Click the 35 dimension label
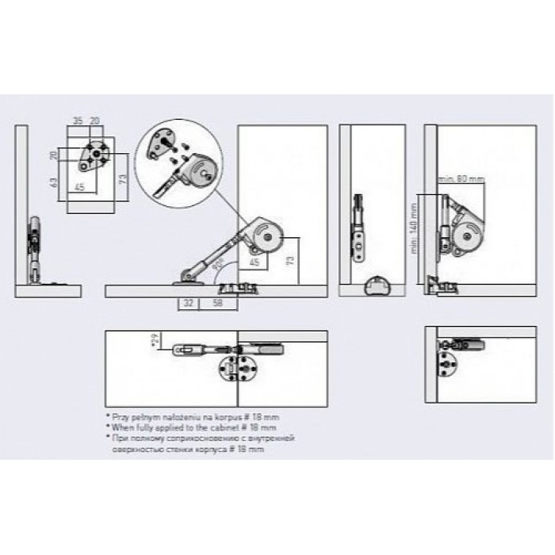tap(78, 121)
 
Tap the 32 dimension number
tap(188, 303)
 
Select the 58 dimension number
tap(216, 303)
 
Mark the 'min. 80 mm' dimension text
tap(462, 179)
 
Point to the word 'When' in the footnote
tap(124, 426)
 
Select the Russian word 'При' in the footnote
tap(122, 436)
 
